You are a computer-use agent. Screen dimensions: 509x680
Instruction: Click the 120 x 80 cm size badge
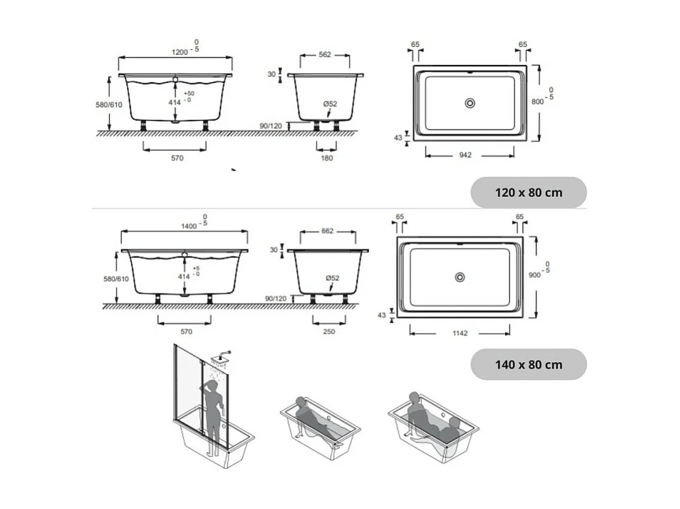coord(528,193)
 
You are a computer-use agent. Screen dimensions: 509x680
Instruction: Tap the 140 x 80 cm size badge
coord(528,364)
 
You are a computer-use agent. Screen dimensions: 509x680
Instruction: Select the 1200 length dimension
coord(180,52)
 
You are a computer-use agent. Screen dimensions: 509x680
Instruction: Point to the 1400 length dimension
coord(188,226)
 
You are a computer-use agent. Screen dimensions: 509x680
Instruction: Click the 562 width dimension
coord(324,54)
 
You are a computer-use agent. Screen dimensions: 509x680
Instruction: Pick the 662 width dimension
coord(328,231)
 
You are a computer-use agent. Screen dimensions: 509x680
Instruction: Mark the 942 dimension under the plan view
coord(465,155)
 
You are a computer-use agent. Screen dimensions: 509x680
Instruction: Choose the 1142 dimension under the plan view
coord(459,333)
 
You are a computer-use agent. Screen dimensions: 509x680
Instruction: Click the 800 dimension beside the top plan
coord(536,102)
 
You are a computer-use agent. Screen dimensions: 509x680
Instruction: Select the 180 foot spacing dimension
coord(327,158)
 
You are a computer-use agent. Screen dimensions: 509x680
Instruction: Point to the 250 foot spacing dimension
coord(329,331)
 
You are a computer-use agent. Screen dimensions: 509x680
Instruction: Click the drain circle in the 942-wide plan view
coord(469,103)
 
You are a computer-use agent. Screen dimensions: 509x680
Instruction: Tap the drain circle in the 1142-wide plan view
coord(459,277)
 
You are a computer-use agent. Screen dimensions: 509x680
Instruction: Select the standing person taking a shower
coord(212,415)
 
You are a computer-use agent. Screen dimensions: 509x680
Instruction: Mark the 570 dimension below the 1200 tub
coord(177,158)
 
